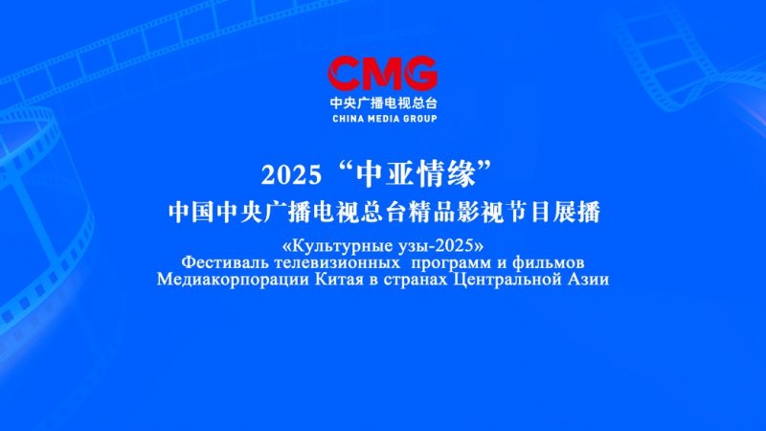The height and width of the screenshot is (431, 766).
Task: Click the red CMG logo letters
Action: pos(382,74)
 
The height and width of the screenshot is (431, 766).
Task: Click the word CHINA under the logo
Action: pos(349,118)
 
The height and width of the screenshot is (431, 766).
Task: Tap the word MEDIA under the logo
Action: pos(383,118)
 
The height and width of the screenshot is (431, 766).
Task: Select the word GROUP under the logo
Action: pos(419,118)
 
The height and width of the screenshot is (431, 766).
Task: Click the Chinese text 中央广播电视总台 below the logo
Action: pos(383,102)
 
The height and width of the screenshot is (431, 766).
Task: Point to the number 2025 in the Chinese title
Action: pos(292,175)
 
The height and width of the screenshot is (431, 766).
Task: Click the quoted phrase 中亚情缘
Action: pos(416,174)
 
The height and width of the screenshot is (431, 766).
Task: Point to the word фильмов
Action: pos(548,262)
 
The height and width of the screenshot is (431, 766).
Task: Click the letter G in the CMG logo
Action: pos(420,74)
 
